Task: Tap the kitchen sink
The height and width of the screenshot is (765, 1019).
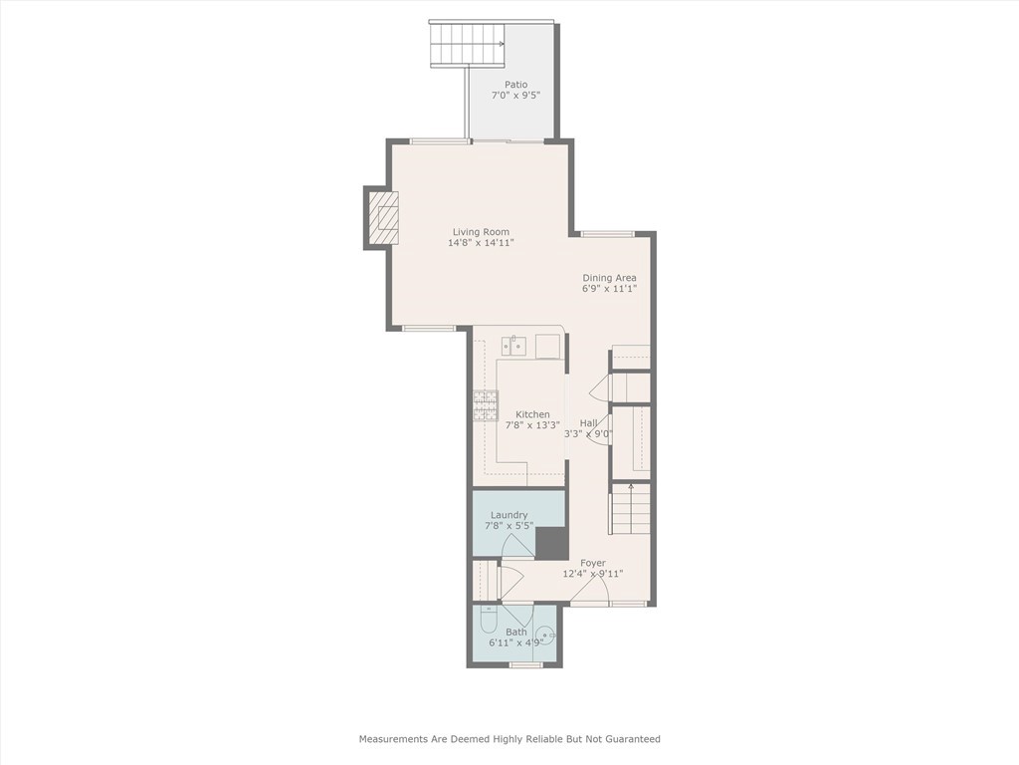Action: point(513,346)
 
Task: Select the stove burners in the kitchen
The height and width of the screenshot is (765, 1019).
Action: point(485,405)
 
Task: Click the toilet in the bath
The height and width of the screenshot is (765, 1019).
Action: point(489,621)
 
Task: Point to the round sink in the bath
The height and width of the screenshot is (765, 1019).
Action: point(545,635)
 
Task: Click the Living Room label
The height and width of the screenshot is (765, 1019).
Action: point(481,232)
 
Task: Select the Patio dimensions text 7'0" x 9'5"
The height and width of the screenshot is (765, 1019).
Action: point(515,97)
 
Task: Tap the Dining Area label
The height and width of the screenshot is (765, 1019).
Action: point(609,278)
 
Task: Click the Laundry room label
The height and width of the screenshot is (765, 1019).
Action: point(509,515)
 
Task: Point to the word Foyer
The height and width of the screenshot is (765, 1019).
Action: point(593,563)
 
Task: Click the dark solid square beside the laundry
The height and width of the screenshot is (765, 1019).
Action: point(550,542)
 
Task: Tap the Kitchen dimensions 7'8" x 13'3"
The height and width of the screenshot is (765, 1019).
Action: point(532,425)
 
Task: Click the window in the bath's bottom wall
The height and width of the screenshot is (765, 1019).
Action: point(525,664)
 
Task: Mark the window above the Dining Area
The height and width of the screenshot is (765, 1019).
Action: point(607,234)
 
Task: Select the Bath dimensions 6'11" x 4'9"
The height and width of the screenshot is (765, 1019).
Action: point(516,642)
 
